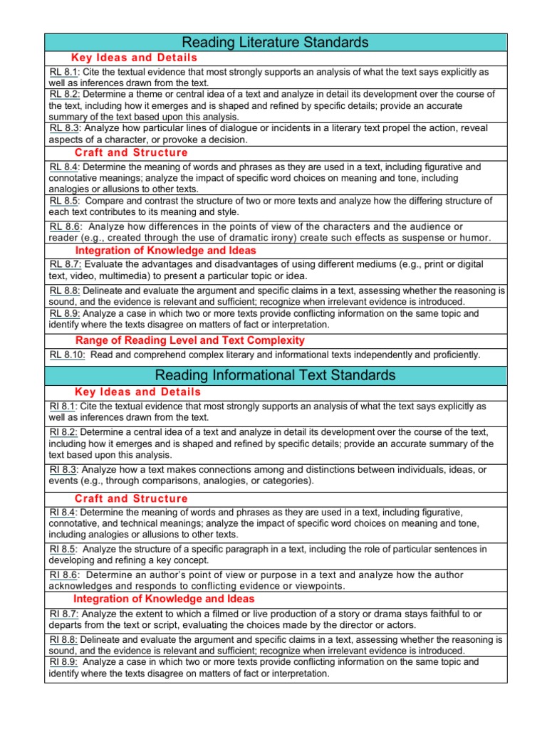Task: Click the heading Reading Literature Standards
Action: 275,43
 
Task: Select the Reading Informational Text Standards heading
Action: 275,374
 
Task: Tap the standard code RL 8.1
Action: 63,73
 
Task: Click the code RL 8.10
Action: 66,355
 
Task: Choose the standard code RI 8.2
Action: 63,432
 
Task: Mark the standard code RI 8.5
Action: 63,549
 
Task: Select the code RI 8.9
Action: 63,662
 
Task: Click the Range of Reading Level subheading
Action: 190,340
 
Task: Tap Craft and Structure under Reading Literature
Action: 131,152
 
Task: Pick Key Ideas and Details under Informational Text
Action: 137,392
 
